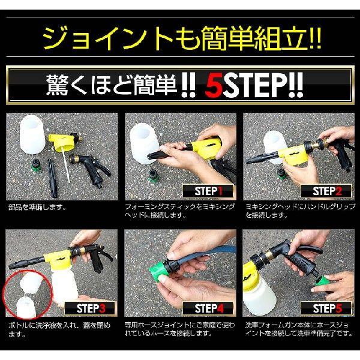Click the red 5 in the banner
213,84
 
